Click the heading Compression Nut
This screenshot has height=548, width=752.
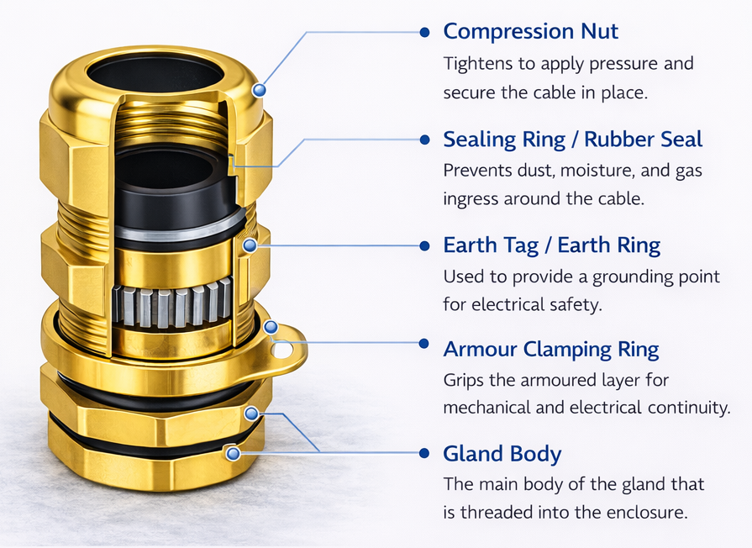[x=530, y=32]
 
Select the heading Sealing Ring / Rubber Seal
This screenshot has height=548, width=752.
[x=572, y=139]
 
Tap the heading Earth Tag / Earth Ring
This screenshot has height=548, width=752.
[x=551, y=245]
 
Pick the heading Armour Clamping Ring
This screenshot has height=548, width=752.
[x=550, y=349]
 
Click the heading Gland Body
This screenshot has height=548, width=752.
[x=502, y=455]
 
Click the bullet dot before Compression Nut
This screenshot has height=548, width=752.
[x=424, y=32]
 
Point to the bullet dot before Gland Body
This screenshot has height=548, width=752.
[x=424, y=454]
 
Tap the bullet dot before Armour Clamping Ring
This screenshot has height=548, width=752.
[x=424, y=342]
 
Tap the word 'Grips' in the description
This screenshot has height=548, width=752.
[x=463, y=381]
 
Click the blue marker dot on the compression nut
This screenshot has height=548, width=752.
[x=260, y=89]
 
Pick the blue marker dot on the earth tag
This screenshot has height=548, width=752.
[x=271, y=327]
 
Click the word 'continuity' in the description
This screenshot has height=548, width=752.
[x=686, y=408]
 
